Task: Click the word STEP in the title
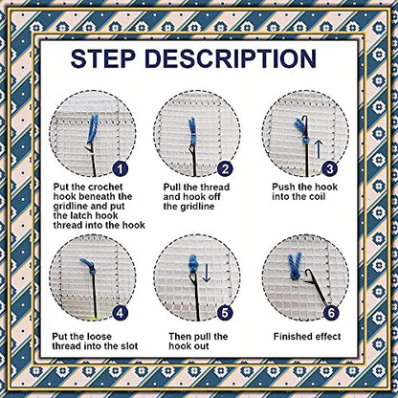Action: click(114, 59)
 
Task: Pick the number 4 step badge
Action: click(121, 312)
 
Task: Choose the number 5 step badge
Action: click(226, 312)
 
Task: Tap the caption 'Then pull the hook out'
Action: click(199, 342)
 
